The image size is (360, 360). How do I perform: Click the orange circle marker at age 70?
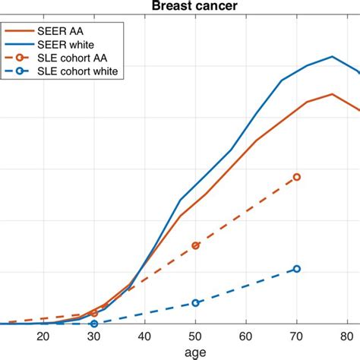pyautogui.click(x=297, y=177)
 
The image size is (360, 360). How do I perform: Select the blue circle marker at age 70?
pyautogui.click(x=297, y=269)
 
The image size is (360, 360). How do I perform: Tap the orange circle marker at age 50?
pyautogui.click(x=195, y=246)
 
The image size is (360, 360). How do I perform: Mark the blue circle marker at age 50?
pyautogui.click(x=195, y=302)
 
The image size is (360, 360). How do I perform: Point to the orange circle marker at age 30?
pyautogui.click(x=94, y=313)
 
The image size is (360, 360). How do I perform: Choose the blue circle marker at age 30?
pyautogui.click(x=94, y=324)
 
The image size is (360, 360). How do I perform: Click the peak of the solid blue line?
pyautogui.click(x=332, y=57)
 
